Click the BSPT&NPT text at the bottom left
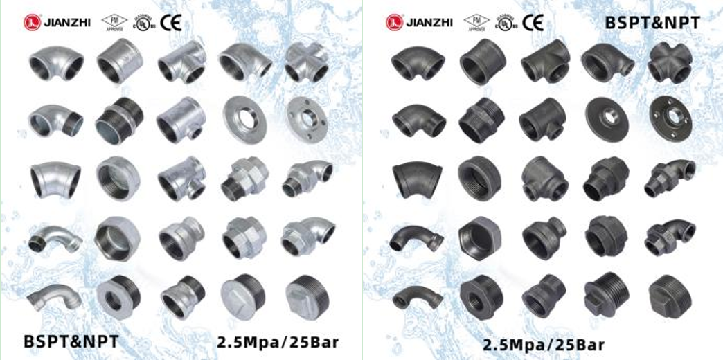[x=71, y=341]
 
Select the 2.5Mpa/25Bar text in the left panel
[x=278, y=341]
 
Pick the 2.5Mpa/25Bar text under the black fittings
[x=544, y=344]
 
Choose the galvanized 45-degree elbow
[x=54, y=178]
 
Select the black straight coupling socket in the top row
[x=482, y=63]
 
